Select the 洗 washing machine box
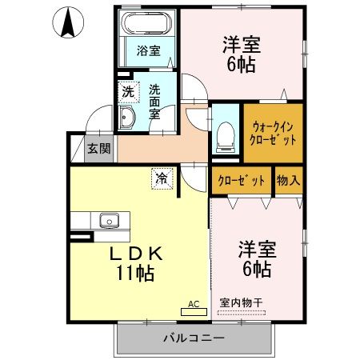128,92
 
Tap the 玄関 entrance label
99,149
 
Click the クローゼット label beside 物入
242,180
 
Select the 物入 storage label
288,180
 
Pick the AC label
193,303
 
